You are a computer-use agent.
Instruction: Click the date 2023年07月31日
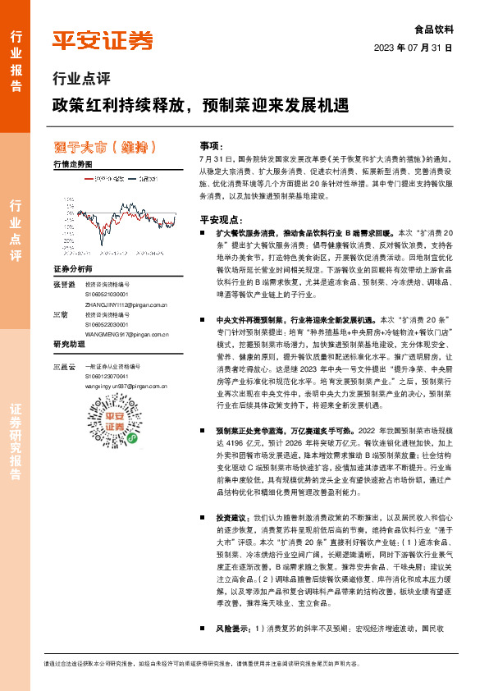point(414,48)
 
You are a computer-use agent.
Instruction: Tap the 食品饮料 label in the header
point(435,29)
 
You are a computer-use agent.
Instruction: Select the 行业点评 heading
point(81,80)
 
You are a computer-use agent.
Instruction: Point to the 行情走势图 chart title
point(72,164)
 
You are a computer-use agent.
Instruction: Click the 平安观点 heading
point(221,220)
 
